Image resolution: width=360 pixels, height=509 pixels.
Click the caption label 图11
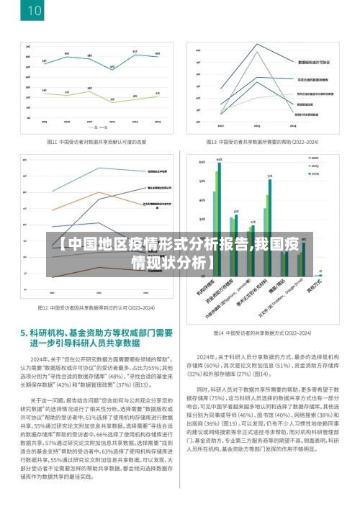[x=53, y=142]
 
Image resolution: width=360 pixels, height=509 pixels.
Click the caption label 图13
[x=211, y=142]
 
